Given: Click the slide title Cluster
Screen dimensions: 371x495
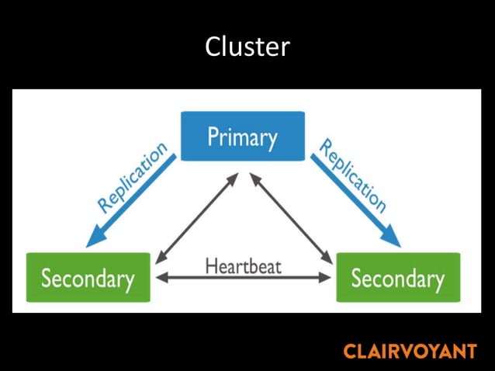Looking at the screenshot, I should click(247, 47).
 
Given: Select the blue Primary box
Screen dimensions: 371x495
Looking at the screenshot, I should click(242, 137).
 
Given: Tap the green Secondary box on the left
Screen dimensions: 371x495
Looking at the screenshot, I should click(88, 277).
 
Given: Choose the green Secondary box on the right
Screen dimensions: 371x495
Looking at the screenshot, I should click(398, 277).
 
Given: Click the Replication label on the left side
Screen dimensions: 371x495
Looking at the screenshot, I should click(132, 177).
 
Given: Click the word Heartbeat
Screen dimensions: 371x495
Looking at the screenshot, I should click(243, 265).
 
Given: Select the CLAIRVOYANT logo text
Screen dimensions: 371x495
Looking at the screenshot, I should click(409, 351).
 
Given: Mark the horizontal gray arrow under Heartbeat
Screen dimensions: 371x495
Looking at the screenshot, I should click(244, 277).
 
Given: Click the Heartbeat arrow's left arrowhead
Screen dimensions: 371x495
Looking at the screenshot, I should click(158, 277).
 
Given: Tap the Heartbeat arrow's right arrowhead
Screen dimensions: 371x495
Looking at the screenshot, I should click(329, 277).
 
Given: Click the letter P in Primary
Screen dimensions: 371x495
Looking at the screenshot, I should click(213, 137).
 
